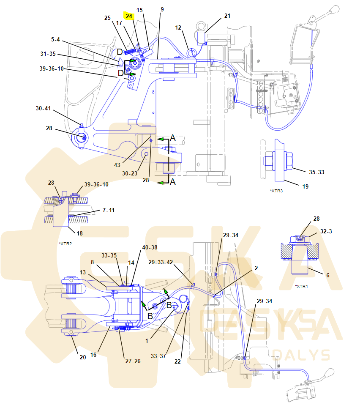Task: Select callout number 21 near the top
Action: click(227, 16)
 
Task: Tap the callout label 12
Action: click(179, 27)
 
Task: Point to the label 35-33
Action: click(316, 172)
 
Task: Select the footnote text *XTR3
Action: click(276, 191)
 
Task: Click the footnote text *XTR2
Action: click(65, 244)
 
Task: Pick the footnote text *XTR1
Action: click(301, 286)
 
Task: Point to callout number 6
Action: click(328, 275)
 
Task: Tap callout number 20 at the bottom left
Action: click(83, 357)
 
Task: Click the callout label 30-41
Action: click(43, 108)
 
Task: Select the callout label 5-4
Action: click(56, 39)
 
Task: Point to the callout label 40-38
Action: click(150, 247)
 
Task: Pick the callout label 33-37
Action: click(159, 356)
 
